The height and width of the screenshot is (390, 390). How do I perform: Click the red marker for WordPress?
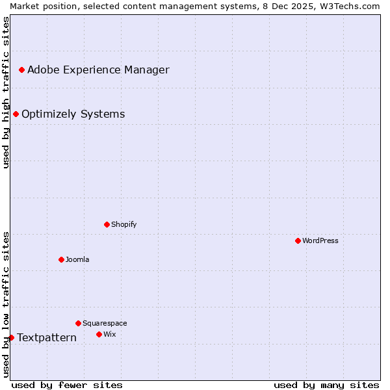point(298,240)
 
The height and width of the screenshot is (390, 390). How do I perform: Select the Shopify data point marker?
point(107,224)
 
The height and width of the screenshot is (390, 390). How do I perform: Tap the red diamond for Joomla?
point(61,259)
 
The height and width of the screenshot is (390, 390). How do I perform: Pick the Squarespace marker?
point(78,323)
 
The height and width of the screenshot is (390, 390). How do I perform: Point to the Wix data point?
point(99,334)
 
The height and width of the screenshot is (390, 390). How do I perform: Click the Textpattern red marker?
point(11,337)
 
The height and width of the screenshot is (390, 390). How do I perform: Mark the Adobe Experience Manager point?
point(21,70)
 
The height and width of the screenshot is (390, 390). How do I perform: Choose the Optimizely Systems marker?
point(16,114)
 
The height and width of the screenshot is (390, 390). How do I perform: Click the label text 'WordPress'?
point(320,240)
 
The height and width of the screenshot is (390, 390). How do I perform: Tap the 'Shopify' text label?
point(123,224)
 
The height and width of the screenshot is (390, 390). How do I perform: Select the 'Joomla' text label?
point(77,259)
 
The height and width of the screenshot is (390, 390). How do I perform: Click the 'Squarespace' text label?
point(105,323)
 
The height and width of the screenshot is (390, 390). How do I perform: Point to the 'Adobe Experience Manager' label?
point(98,70)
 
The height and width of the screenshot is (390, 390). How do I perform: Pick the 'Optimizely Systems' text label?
point(73,114)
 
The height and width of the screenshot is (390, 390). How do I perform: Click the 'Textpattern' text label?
point(47,337)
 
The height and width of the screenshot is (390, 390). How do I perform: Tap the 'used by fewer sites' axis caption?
point(67,385)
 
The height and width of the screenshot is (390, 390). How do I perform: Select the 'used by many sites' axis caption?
point(326,385)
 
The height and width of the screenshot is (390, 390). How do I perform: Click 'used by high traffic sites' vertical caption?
point(6,93)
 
